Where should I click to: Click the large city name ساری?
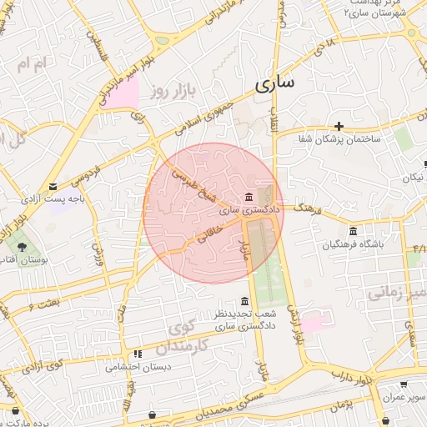269,84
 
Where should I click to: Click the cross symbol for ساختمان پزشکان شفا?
339,125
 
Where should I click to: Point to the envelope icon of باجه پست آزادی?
54,186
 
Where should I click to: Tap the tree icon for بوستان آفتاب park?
22,247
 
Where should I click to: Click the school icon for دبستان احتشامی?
137,354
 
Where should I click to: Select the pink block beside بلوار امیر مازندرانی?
123,96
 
